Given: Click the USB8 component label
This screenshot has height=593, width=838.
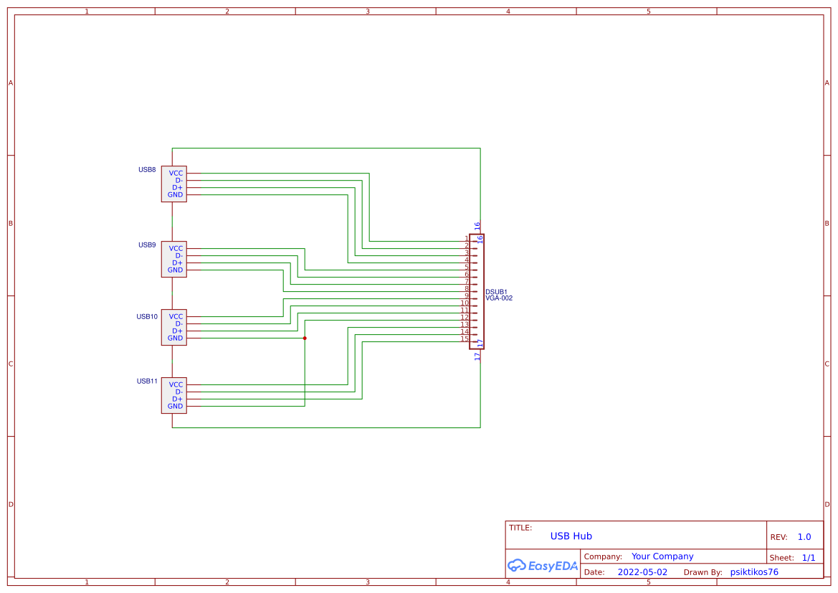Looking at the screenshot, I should tap(147, 170).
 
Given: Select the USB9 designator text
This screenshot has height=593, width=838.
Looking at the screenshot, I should tap(147, 245).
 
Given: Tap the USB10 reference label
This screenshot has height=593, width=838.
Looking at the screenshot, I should tap(147, 317).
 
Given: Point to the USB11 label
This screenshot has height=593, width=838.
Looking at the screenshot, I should tap(147, 381).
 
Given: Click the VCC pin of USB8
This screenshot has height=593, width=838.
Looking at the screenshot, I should tap(176, 174).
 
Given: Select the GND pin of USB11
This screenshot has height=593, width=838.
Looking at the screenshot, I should tap(176, 407).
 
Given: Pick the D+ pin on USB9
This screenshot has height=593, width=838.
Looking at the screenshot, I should tap(177, 263).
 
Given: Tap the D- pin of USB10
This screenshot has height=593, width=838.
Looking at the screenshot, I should tap(178, 324).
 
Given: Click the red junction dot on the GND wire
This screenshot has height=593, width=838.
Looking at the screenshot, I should tap(305, 338).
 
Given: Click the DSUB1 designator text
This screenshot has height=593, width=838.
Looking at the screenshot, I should tap(496, 292).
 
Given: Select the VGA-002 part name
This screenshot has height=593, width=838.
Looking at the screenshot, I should tap(499, 298).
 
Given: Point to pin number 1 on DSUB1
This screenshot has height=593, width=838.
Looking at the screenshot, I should tap(466, 239).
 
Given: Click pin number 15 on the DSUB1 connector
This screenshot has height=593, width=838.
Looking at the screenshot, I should tap(465, 338).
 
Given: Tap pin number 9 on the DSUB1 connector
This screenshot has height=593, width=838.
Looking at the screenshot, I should tap(466, 295).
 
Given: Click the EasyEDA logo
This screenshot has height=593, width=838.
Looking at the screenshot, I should tap(542, 566).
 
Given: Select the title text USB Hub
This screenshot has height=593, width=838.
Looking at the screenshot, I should tap(571, 536).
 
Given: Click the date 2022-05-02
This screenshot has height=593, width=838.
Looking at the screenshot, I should tap(642, 572).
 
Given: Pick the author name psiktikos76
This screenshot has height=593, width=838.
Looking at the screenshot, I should tap(753, 572).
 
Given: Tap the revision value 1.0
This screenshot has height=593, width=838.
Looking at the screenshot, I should tap(804, 537).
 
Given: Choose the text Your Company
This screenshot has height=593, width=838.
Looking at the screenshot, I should tap(662, 556).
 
